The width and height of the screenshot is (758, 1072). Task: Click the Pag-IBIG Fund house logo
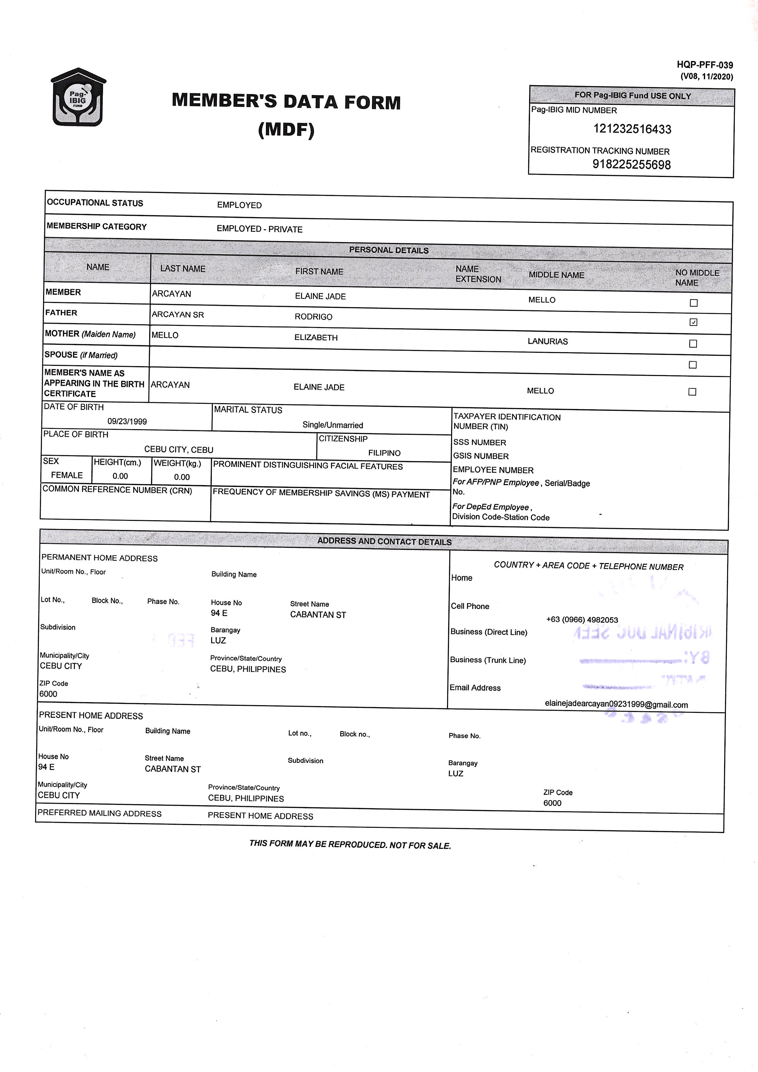click(x=78, y=97)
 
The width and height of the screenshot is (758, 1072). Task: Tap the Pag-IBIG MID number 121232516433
click(x=632, y=129)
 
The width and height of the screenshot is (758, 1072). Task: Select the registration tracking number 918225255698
click(x=631, y=164)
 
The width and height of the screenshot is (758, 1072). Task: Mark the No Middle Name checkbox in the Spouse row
click(x=693, y=365)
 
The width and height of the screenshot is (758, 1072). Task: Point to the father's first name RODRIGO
click(x=313, y=317)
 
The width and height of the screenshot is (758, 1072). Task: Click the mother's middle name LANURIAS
click(x=547, y=341)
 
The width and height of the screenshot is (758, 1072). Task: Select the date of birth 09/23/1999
click(x=127, y=421)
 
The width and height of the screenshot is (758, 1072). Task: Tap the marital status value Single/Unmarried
click(x=332, y=425)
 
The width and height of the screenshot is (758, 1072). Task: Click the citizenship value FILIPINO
click(x=384, y=453)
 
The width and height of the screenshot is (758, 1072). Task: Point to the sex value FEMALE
click(x=67, y=475)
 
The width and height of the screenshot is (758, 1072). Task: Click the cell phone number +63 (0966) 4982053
click(x=582, y=620)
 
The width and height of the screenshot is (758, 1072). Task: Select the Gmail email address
click(x=616, y=705)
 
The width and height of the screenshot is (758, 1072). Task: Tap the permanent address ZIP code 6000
click(x=48, y=694)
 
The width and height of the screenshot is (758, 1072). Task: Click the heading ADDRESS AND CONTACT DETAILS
click(x=384, y=542)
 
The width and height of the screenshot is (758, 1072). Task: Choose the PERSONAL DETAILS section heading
click(x=388, y=250)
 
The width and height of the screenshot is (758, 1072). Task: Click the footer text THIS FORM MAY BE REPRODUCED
click(x=350, y=844)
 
